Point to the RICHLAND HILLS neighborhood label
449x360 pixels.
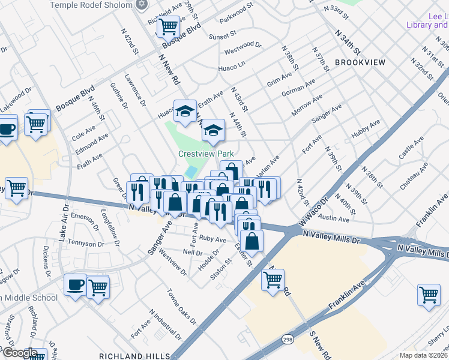pyautogui.click(x=137, y=356)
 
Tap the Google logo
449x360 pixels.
pyautogui.click(x=19, y=353)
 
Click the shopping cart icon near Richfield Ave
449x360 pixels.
pyautogui.click(x=169, y=25)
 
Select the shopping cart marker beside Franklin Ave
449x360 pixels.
pyautogui.click(x=429, y=294)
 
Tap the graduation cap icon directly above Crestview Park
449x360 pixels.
pyautogui.click(x=212, y=130)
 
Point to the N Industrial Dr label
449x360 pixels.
pyautogui.click(x=165, y=325)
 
